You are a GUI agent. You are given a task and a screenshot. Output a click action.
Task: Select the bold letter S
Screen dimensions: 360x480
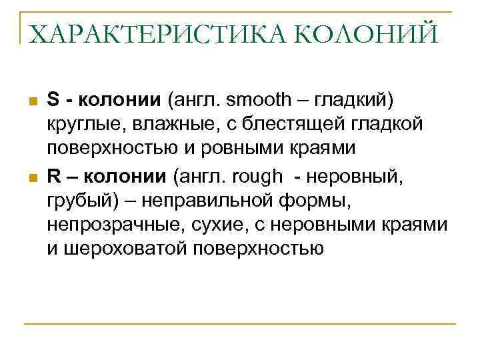pyautogui.click(x=53, y=100)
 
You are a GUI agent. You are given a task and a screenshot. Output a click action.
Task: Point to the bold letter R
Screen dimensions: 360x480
pyautogui.click(x=54, y=176)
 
